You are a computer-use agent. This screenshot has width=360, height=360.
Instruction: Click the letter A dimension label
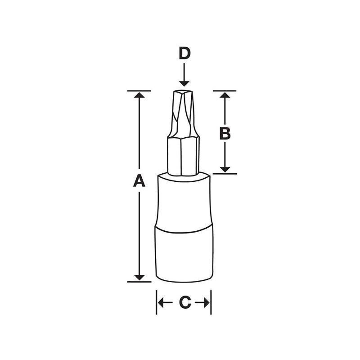(x=139, y=181)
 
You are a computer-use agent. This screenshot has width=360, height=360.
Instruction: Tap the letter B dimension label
(x=225, y=133)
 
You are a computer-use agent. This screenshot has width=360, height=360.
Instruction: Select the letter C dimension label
(x=184, y=303)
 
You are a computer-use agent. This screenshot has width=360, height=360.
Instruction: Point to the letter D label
(x=184, y=54)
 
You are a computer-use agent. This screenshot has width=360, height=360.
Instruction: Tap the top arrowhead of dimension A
(x=140, y=95)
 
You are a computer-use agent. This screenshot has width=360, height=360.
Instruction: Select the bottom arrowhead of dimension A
(x=140, y=277)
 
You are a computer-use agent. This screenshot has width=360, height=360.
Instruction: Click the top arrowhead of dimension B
(x=225, y=95)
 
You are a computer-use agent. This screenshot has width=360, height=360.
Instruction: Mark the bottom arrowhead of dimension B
(x=225, y=169)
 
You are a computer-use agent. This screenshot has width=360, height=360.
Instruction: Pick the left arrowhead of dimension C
(x=161, y=303)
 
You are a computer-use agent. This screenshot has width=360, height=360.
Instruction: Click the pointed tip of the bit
(x=184, y=92)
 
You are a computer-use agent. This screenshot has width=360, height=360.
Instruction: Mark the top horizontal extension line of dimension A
(x=139, y=91)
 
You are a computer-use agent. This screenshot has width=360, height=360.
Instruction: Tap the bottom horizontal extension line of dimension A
(x=139, y=282)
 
